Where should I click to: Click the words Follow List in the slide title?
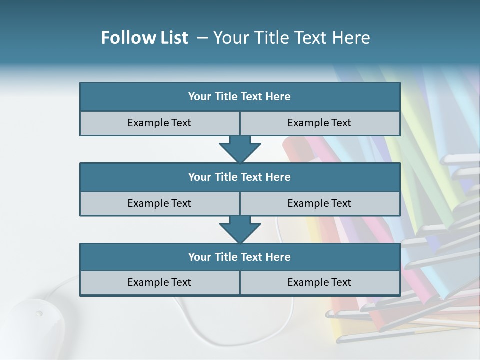[144, 38]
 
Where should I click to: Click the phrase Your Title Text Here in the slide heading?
[291, 38]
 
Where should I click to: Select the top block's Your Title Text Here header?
[239, 97]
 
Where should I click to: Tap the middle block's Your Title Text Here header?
[239, 177]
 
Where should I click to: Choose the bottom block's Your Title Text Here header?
[239, 257]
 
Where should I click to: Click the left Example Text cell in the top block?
[159, 123]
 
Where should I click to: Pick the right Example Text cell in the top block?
[319, 123]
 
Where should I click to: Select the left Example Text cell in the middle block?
[159, 203]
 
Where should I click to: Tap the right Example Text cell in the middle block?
[319, 203]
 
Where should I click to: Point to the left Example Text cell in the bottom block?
[159, 282]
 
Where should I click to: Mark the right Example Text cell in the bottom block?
[319, 282]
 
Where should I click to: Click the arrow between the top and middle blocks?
[240, 149]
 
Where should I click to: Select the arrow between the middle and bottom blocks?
[240, 229]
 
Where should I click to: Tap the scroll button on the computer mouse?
[39, 314]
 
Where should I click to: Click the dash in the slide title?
[202, 38]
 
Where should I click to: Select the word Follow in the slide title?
[126, 38]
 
